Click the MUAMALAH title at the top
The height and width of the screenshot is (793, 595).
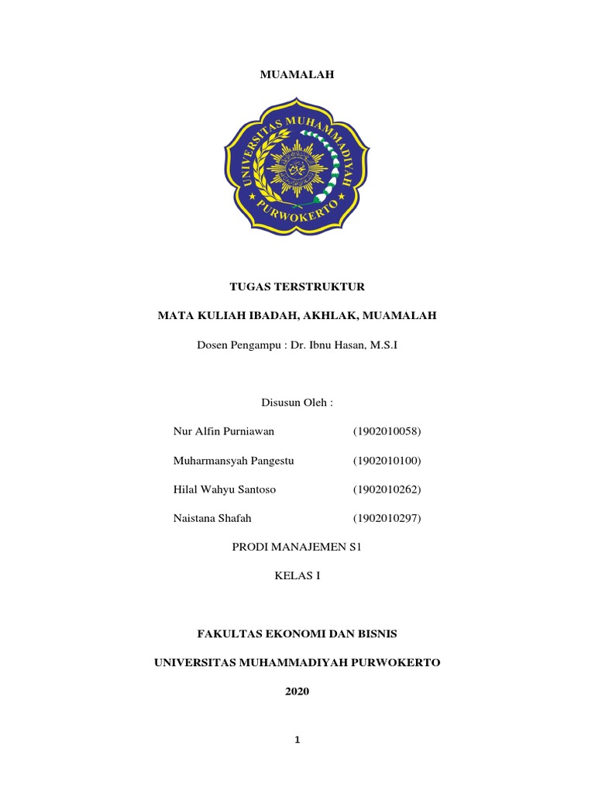coord(297,74)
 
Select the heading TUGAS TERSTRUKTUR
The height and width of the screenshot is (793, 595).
coord(297,287)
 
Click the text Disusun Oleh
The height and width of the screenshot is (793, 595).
coord(297,403)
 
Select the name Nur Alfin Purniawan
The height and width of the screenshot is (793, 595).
coord(224,431)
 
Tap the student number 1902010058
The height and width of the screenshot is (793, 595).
coord(387,431)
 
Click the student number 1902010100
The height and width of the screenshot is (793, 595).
coord(387,461)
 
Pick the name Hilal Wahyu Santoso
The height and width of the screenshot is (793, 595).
coord(225,489)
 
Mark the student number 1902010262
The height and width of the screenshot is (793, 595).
coord(387,489)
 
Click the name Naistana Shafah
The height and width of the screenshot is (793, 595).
coord(214,518)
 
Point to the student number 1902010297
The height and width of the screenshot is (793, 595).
coord(387,518)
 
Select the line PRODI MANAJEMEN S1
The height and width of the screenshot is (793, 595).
coord(297,547)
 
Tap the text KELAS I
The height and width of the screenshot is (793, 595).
coord(297,575)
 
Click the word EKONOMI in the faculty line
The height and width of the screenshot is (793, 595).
coord(294,633)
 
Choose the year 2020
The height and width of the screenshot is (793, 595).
coord(297,692)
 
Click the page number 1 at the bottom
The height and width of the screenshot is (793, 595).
coord(297,740)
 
